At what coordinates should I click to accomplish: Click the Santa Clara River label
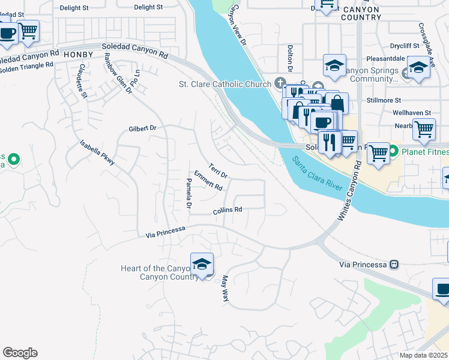319,174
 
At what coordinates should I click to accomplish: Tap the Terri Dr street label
218,170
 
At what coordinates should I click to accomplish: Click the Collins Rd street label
227,211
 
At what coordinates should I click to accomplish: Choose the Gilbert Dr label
142,128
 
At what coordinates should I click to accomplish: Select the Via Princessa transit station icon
394,263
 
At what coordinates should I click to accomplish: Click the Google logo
20,353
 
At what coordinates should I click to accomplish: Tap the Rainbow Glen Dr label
117,74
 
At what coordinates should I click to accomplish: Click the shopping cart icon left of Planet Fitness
378,152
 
